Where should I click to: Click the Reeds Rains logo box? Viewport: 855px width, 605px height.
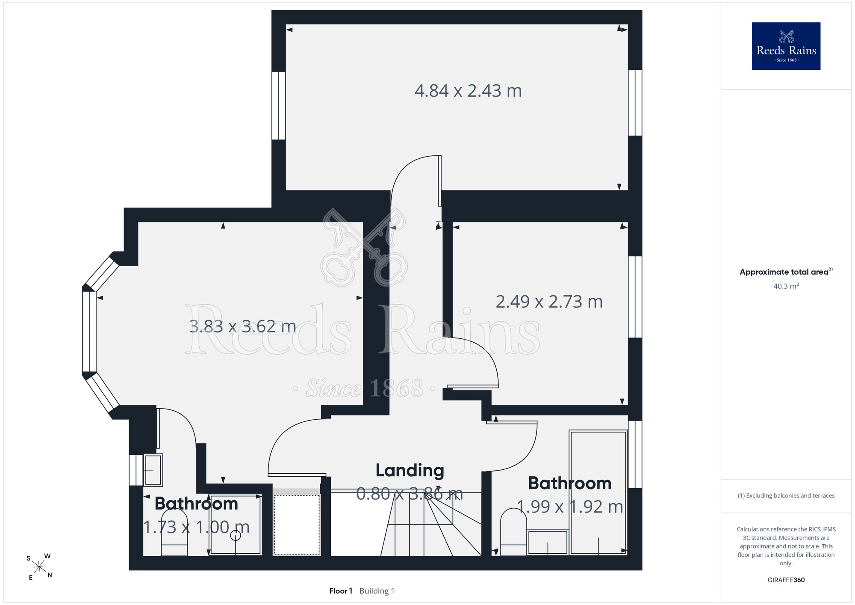coord(786,46)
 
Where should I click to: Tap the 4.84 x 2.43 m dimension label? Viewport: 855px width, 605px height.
coord(468,91)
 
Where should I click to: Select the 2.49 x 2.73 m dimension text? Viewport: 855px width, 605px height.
coord(549,302)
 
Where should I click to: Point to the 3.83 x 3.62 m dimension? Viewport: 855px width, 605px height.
coord(242,326)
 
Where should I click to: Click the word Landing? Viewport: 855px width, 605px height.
coord(410,470)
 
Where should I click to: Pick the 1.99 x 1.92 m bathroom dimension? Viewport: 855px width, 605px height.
coord(570,507)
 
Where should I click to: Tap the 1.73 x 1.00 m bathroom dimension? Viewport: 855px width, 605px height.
coord(196,527)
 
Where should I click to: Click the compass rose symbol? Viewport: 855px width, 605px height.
coord(39,567)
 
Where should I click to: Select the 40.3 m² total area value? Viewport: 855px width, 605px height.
coord(786,286)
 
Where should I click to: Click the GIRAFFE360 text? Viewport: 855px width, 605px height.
coord(786,580)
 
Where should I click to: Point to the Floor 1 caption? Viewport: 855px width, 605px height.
coord(341,591)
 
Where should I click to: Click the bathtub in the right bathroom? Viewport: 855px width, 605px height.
coord(598,492)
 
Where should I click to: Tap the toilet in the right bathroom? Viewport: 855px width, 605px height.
coord(513,532)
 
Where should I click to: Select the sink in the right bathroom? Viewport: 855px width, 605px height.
coord(548,542)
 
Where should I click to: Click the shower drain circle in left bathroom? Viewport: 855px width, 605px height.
coord(236,535)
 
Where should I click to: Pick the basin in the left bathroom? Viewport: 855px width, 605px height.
coord(153,470)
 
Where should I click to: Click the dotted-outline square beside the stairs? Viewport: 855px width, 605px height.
coord(297,525)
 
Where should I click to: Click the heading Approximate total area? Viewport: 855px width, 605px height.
coord(786,272)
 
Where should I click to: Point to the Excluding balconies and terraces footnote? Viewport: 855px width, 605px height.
coord(786,495)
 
